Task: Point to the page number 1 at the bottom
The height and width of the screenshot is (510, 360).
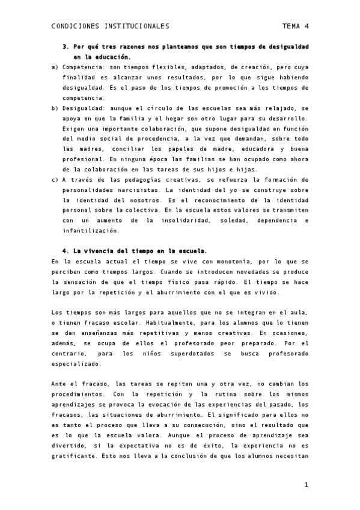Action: pos(306,484)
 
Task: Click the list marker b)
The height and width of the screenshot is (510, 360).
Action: pos(55,108)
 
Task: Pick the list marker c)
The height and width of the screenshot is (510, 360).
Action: pos(55,179)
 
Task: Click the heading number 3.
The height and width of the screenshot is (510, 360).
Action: pos(65,46)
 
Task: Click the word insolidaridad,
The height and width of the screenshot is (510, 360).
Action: pos(203,220)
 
